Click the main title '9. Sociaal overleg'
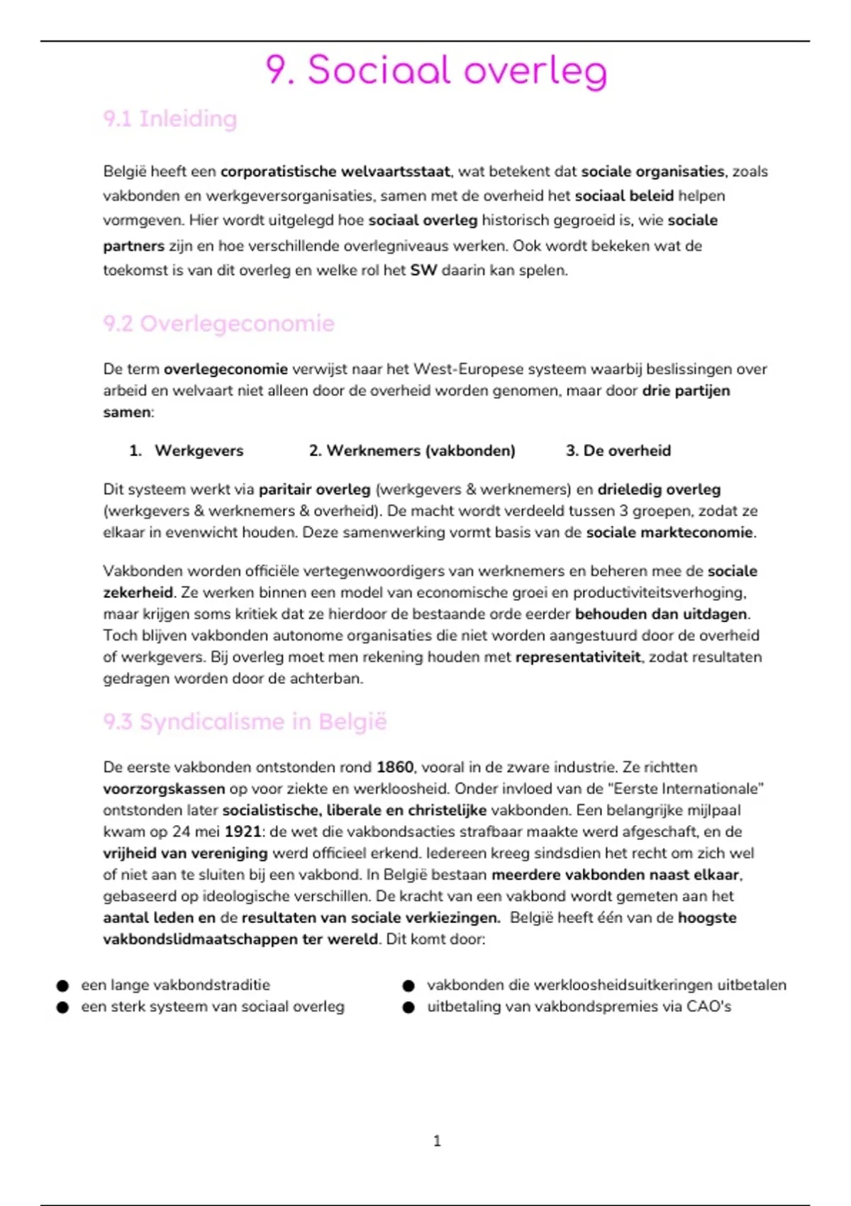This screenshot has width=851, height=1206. (x=436, y=71)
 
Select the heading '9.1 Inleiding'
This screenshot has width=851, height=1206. (x=170, y=118)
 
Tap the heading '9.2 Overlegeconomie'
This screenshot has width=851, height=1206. (x=218, y=323)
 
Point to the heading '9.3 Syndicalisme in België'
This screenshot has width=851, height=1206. (x=245, y=721)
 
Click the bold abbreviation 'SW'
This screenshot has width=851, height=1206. (x=423, y=270)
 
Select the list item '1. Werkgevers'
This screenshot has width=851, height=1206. (x=187, y=450)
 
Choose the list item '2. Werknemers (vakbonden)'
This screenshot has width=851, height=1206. (x=412, y=450)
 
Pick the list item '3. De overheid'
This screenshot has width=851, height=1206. (x=618, y=450)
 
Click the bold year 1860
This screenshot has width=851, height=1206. (x=395, y=767)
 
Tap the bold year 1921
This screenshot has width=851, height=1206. (x=243, y=831)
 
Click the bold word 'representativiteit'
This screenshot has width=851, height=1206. (x=577, y=657)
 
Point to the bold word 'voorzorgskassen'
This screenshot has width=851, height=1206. (x=164, y=788)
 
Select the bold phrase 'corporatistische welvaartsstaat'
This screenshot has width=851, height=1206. (x=335, y=171)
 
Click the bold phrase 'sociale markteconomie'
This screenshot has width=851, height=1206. (x=669, y=532)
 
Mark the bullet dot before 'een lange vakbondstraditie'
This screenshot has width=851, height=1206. (x=63, y=985)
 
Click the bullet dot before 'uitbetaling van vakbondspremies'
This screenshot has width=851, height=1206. (x=408, y=1007)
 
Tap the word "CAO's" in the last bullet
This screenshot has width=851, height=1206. (x=708, y=1007)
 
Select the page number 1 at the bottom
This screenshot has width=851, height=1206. (x=437, y=1141)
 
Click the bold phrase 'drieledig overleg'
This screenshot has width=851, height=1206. (x=659, y=489)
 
